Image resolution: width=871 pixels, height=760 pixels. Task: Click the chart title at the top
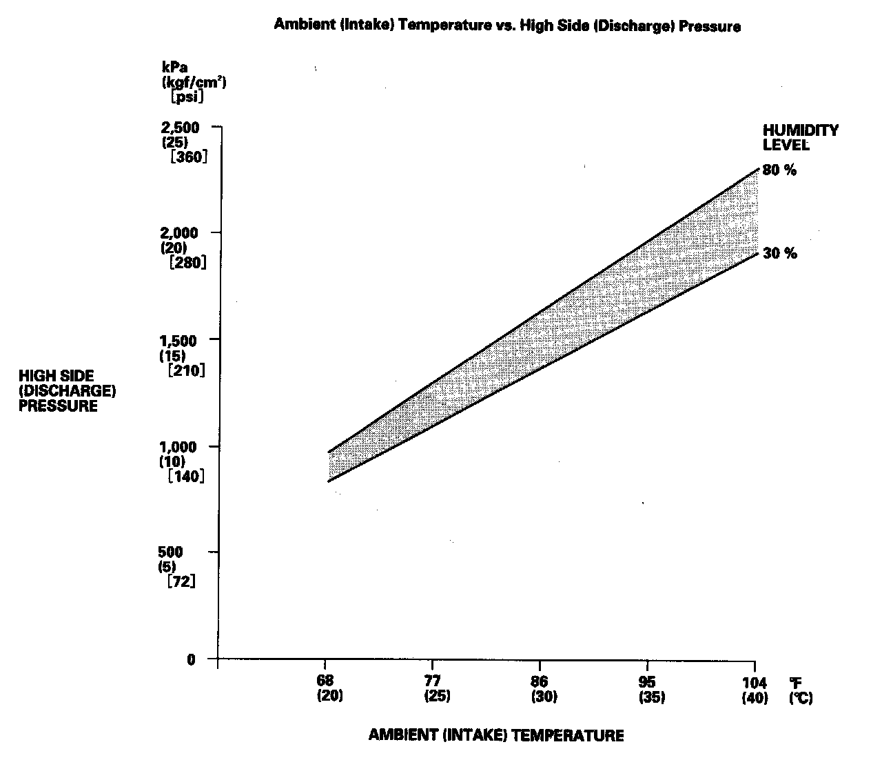507,26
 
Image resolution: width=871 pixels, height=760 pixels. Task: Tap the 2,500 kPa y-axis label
180,128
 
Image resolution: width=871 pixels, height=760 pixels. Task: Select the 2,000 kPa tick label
180,233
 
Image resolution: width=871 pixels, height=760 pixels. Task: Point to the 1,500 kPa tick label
180,340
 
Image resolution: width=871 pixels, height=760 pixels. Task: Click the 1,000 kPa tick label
180,446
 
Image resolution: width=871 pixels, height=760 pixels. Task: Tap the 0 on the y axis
192,659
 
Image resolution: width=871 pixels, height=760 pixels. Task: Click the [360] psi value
186,157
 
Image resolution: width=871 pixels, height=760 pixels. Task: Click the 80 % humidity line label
779,170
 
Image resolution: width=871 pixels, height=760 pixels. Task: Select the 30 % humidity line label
779,254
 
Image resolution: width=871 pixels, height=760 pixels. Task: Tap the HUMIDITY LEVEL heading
800,137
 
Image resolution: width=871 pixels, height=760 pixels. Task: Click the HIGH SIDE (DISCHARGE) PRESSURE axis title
67,390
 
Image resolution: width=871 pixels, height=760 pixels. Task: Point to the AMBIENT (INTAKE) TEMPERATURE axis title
496,735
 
